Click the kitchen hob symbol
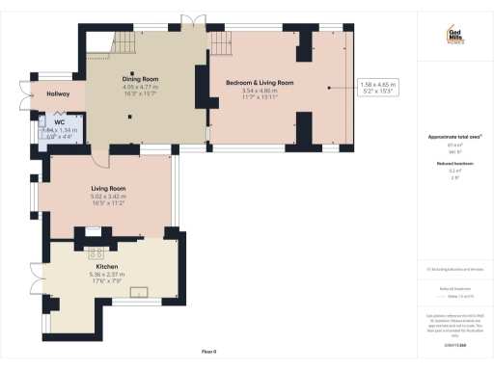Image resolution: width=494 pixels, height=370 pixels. [x=96, y=253]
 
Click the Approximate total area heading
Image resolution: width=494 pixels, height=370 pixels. [x=451, y=137]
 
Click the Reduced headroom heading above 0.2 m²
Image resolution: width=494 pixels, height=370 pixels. [x=451, y=164]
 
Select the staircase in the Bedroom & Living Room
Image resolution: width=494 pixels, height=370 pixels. [x=224, y=44]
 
